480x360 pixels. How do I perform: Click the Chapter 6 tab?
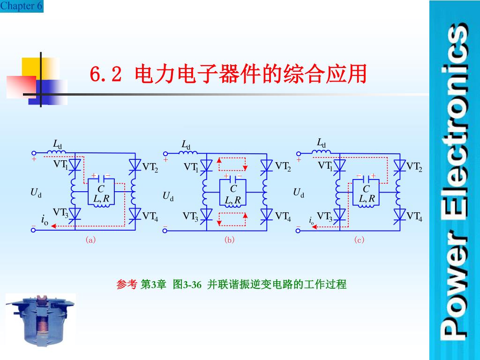pos(22,6)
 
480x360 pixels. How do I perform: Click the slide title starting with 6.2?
pos(228,74)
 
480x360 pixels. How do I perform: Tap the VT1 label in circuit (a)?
pos(60,165)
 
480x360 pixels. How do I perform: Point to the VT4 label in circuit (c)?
pos(414,216)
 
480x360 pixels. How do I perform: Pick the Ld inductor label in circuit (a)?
pos(57,144)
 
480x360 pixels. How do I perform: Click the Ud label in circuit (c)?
pos(299,193)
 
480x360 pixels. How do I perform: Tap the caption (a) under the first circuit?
pos(90,240)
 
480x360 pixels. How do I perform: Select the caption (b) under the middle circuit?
pos(229,240)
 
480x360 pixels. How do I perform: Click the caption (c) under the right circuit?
pos(360,240)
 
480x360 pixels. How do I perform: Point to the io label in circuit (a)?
pos(45,219)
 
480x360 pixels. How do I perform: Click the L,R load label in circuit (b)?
pos(232,200)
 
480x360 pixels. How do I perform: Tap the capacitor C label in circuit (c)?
pos(366,188)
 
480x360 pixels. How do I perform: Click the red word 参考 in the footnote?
pos(127,284)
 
